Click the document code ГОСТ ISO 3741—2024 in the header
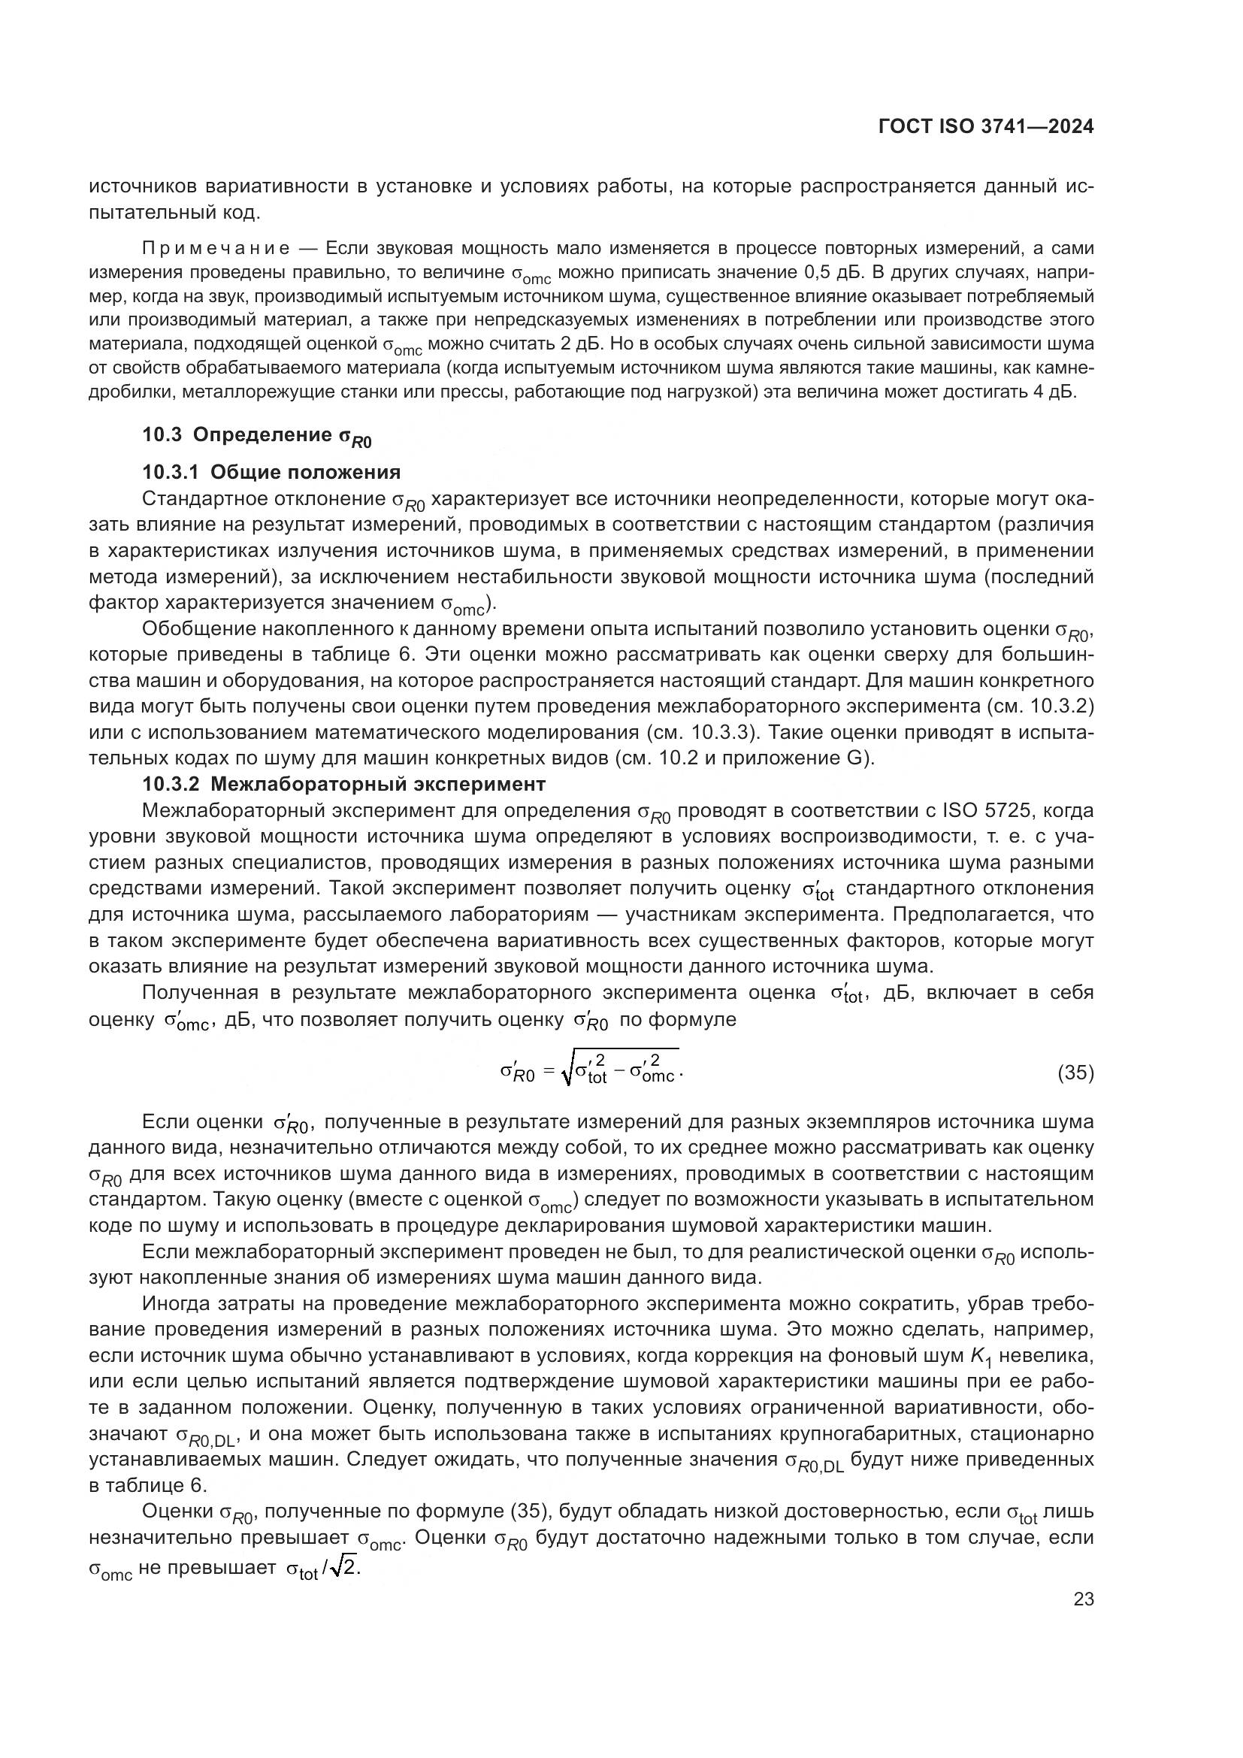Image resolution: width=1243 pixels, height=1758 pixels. (x=986, y=127)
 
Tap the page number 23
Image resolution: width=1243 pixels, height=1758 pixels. (x=1083, y=1599)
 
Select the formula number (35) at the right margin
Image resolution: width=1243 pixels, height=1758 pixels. (x=1075, y=1073)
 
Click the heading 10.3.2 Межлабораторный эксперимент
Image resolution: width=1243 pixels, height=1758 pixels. (x=343, y=784)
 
